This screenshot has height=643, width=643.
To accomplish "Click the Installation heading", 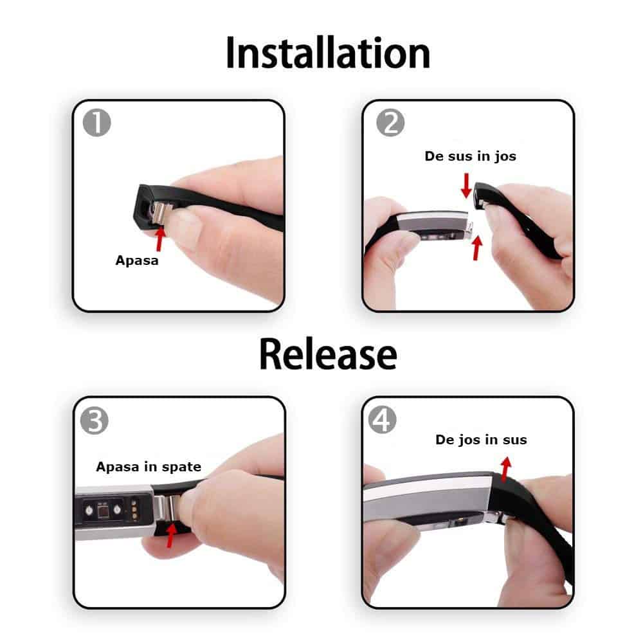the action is coord(328,53).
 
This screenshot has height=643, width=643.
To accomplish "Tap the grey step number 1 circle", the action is coord(97,123).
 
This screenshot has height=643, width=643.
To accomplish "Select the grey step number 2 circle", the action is coord(390,123).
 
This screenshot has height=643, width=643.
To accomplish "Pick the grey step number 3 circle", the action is coord(95,421).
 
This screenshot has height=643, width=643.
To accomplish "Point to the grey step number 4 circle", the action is coord(382,420).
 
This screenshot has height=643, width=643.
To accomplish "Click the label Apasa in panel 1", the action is coord(137,260).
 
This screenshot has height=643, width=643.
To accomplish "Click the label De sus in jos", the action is coord(471,156).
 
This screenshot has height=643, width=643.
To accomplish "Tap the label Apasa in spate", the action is coord(149,467).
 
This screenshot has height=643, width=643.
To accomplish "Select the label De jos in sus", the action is coord(481,440).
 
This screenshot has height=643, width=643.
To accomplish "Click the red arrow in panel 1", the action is coord(160,239).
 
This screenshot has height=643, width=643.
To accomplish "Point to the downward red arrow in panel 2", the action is coord(466,186).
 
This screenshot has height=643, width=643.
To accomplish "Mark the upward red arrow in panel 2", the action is coord(476,248).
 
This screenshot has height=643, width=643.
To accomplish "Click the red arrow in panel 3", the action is coord(171,535).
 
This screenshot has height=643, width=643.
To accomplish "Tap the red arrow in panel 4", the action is coord(505,469).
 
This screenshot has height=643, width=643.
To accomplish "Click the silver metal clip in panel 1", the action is coord(161,214).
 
